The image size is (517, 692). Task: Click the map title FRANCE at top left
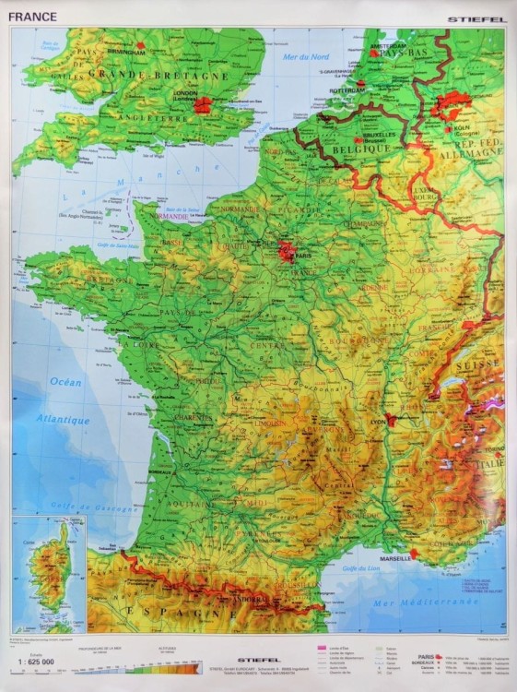click(x=33, y=17)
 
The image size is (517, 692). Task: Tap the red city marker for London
click(x=203, y=105)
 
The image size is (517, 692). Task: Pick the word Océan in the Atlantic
click(x=65, y=382)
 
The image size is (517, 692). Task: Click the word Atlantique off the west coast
click(x=64, y=420)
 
